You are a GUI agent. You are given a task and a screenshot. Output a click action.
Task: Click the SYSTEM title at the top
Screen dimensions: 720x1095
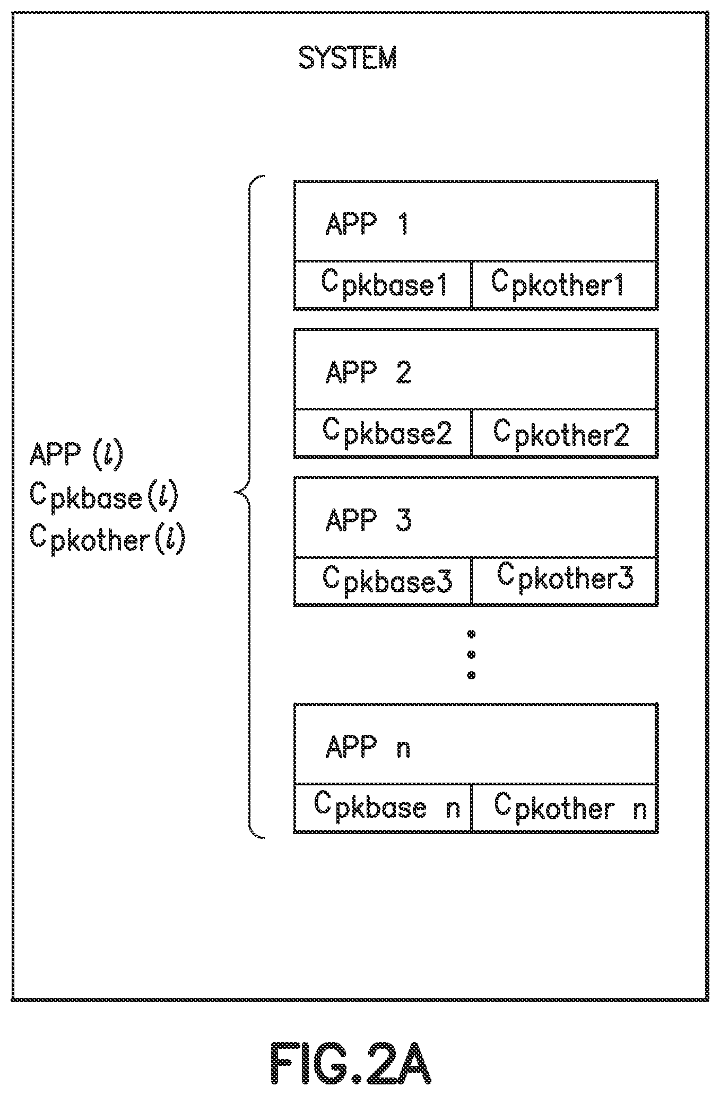pos(348,58)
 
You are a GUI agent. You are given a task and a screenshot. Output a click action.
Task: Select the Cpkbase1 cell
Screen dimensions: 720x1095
pos(383,285)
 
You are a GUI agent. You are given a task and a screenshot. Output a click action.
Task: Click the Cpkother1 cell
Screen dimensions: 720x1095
pos(565,285)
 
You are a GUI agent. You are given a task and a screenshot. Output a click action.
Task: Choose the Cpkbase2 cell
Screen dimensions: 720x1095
pos(383,433)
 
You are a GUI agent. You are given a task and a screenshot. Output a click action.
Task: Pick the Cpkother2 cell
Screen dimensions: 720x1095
pos(565,433)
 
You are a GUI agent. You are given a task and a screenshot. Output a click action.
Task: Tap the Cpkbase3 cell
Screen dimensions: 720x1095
pos(383,581)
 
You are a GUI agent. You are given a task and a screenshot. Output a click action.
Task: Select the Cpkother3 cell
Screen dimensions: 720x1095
pos(565,581)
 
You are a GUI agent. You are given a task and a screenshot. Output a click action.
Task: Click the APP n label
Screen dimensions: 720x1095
pos(368,747)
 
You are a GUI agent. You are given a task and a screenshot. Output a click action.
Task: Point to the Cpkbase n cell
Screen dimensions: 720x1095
pos(383,808)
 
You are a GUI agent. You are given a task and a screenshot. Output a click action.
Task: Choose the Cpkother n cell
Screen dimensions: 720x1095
pos(565,808)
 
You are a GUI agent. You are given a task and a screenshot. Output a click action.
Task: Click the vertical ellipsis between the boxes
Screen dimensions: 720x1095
pos(471,654)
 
